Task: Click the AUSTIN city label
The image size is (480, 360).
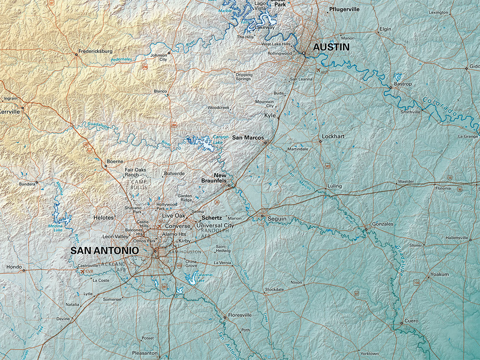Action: (331, 47)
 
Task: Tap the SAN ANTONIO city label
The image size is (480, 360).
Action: (105, 251)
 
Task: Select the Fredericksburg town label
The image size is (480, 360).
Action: (95, 51)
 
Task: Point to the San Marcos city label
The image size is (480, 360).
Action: (248, 137)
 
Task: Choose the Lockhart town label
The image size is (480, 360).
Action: (333, 136)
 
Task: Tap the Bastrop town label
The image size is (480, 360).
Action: (403, 83)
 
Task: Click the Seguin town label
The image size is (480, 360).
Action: (277, 218)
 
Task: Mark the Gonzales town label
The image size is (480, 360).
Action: (382, 224)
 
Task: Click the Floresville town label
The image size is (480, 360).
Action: (240, 315)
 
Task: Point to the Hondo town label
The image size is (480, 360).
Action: (14, 267)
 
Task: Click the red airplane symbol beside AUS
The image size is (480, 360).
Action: (319, 70)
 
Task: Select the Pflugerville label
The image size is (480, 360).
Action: (344, 9)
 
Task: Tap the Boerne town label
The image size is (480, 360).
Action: (115, 161)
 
